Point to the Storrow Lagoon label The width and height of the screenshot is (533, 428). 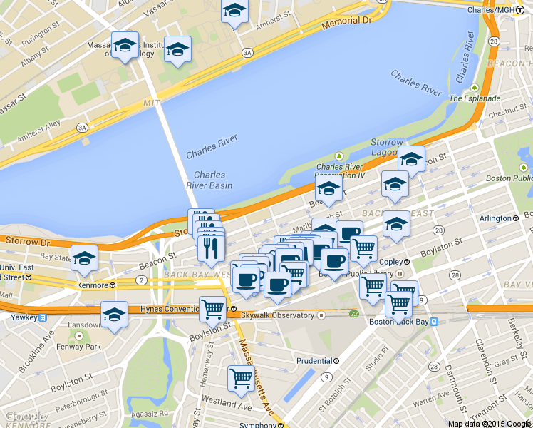pos(387,147)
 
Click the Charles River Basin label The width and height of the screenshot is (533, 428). pos(209,180)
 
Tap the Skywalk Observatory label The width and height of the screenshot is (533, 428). pos(278,315)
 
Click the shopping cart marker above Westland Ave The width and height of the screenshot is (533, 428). pos(241,377)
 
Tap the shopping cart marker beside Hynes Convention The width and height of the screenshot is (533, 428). pos(212,309)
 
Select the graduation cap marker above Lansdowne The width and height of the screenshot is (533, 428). pos(114,314)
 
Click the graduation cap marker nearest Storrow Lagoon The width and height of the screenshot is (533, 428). pos(411,159)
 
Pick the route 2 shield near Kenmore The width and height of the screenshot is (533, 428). pos(142,281)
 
